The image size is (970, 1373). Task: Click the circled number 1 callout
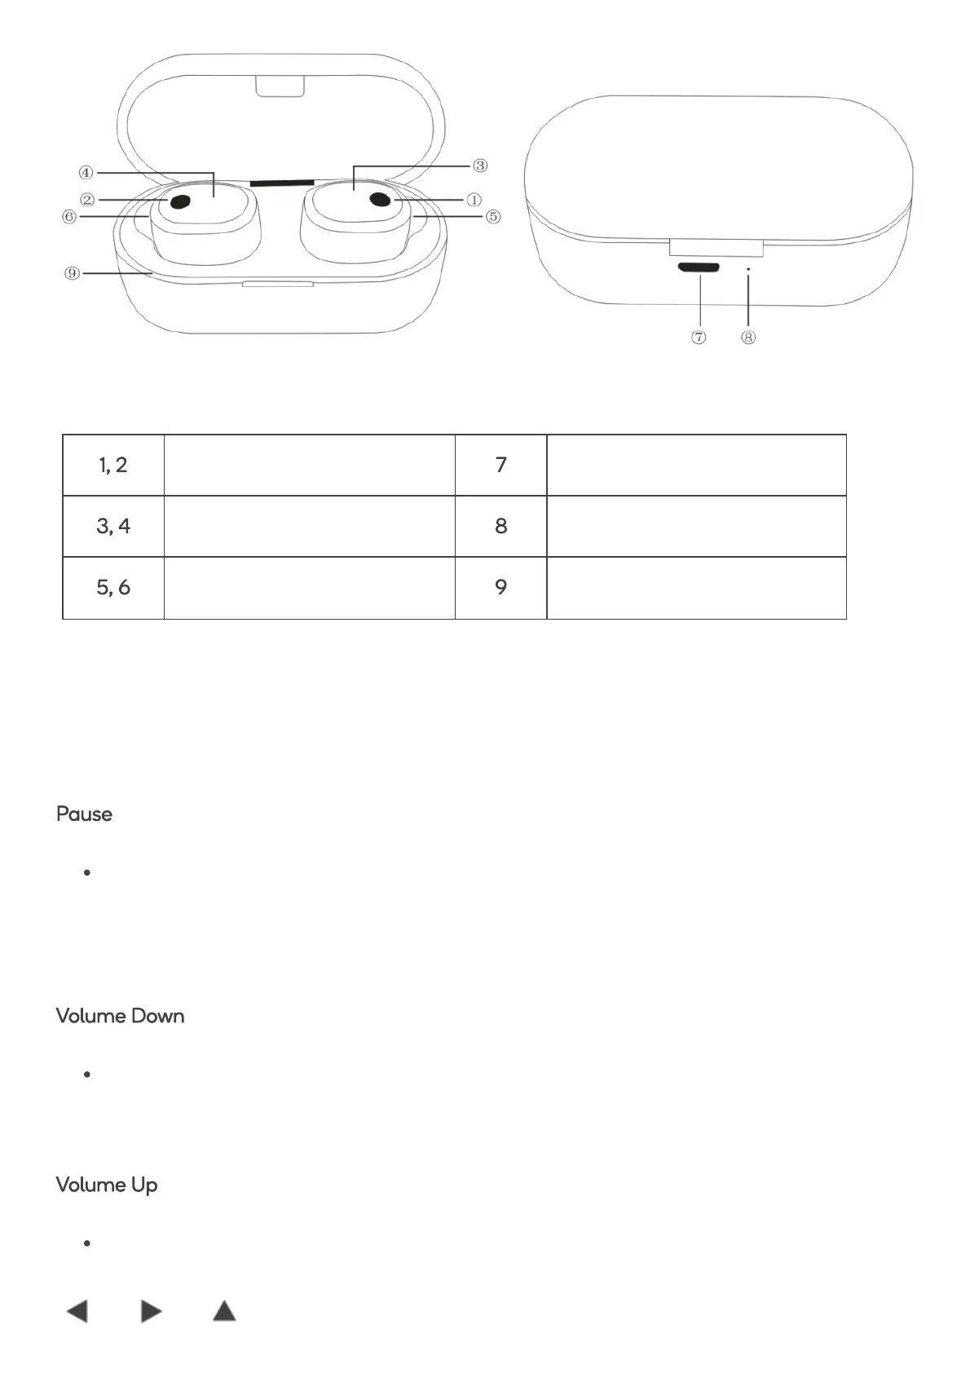(474, 200)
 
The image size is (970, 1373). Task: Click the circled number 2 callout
(87, 200)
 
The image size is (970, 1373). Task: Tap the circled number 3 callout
(480, 166)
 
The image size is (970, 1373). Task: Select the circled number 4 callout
(86, 173)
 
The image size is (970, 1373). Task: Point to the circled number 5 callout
(493, 217)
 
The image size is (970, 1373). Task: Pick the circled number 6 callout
(69, 217)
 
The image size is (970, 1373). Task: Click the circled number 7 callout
(699, 338)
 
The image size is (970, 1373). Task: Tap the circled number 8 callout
(748, 338)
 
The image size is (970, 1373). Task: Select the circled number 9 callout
(73, 273)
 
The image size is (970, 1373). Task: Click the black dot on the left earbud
(180, 201)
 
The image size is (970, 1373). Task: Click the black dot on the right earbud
(380, 199)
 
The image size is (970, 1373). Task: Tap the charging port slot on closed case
(698, 267)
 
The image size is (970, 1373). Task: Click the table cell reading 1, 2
(113, 465)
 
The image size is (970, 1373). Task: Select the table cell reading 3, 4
(113, 526)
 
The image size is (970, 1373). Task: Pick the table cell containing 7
(500, 465)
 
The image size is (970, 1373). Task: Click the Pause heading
(84, 814)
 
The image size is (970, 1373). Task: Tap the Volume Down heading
(120, 1016)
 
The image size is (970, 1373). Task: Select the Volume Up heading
(107, 1185)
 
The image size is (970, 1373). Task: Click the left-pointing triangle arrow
(77, 1311)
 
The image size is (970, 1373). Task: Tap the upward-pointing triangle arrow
(224, 1311)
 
